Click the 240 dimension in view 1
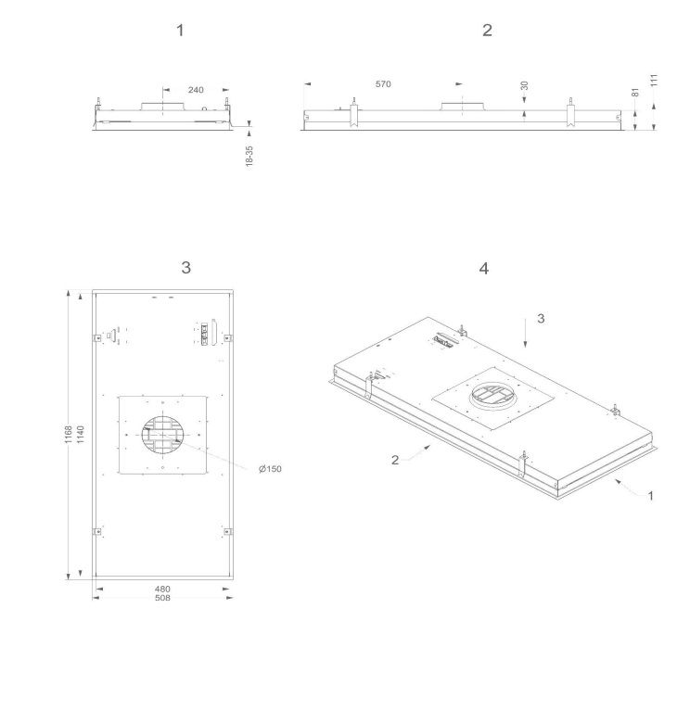pyautogui.click(x=196, y=90)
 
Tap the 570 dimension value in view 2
pyautogui.click(x=383, y=84)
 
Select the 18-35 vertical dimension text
pyautogui.click(x=249, y=156)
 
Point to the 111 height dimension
pyautogui.click(x=654, y=80)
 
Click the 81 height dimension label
pyautogui.click(x=635, y=92)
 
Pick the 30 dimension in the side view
pyautogui.click(x=524, y=86)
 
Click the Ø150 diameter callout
pyautogui.click(x=270, y=469)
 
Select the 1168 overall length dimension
pyautogui.click(x=69, y=435)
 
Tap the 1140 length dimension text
pyautogui.click(x=81, y=435)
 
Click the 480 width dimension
pyautogui.click(x=162, y=589)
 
